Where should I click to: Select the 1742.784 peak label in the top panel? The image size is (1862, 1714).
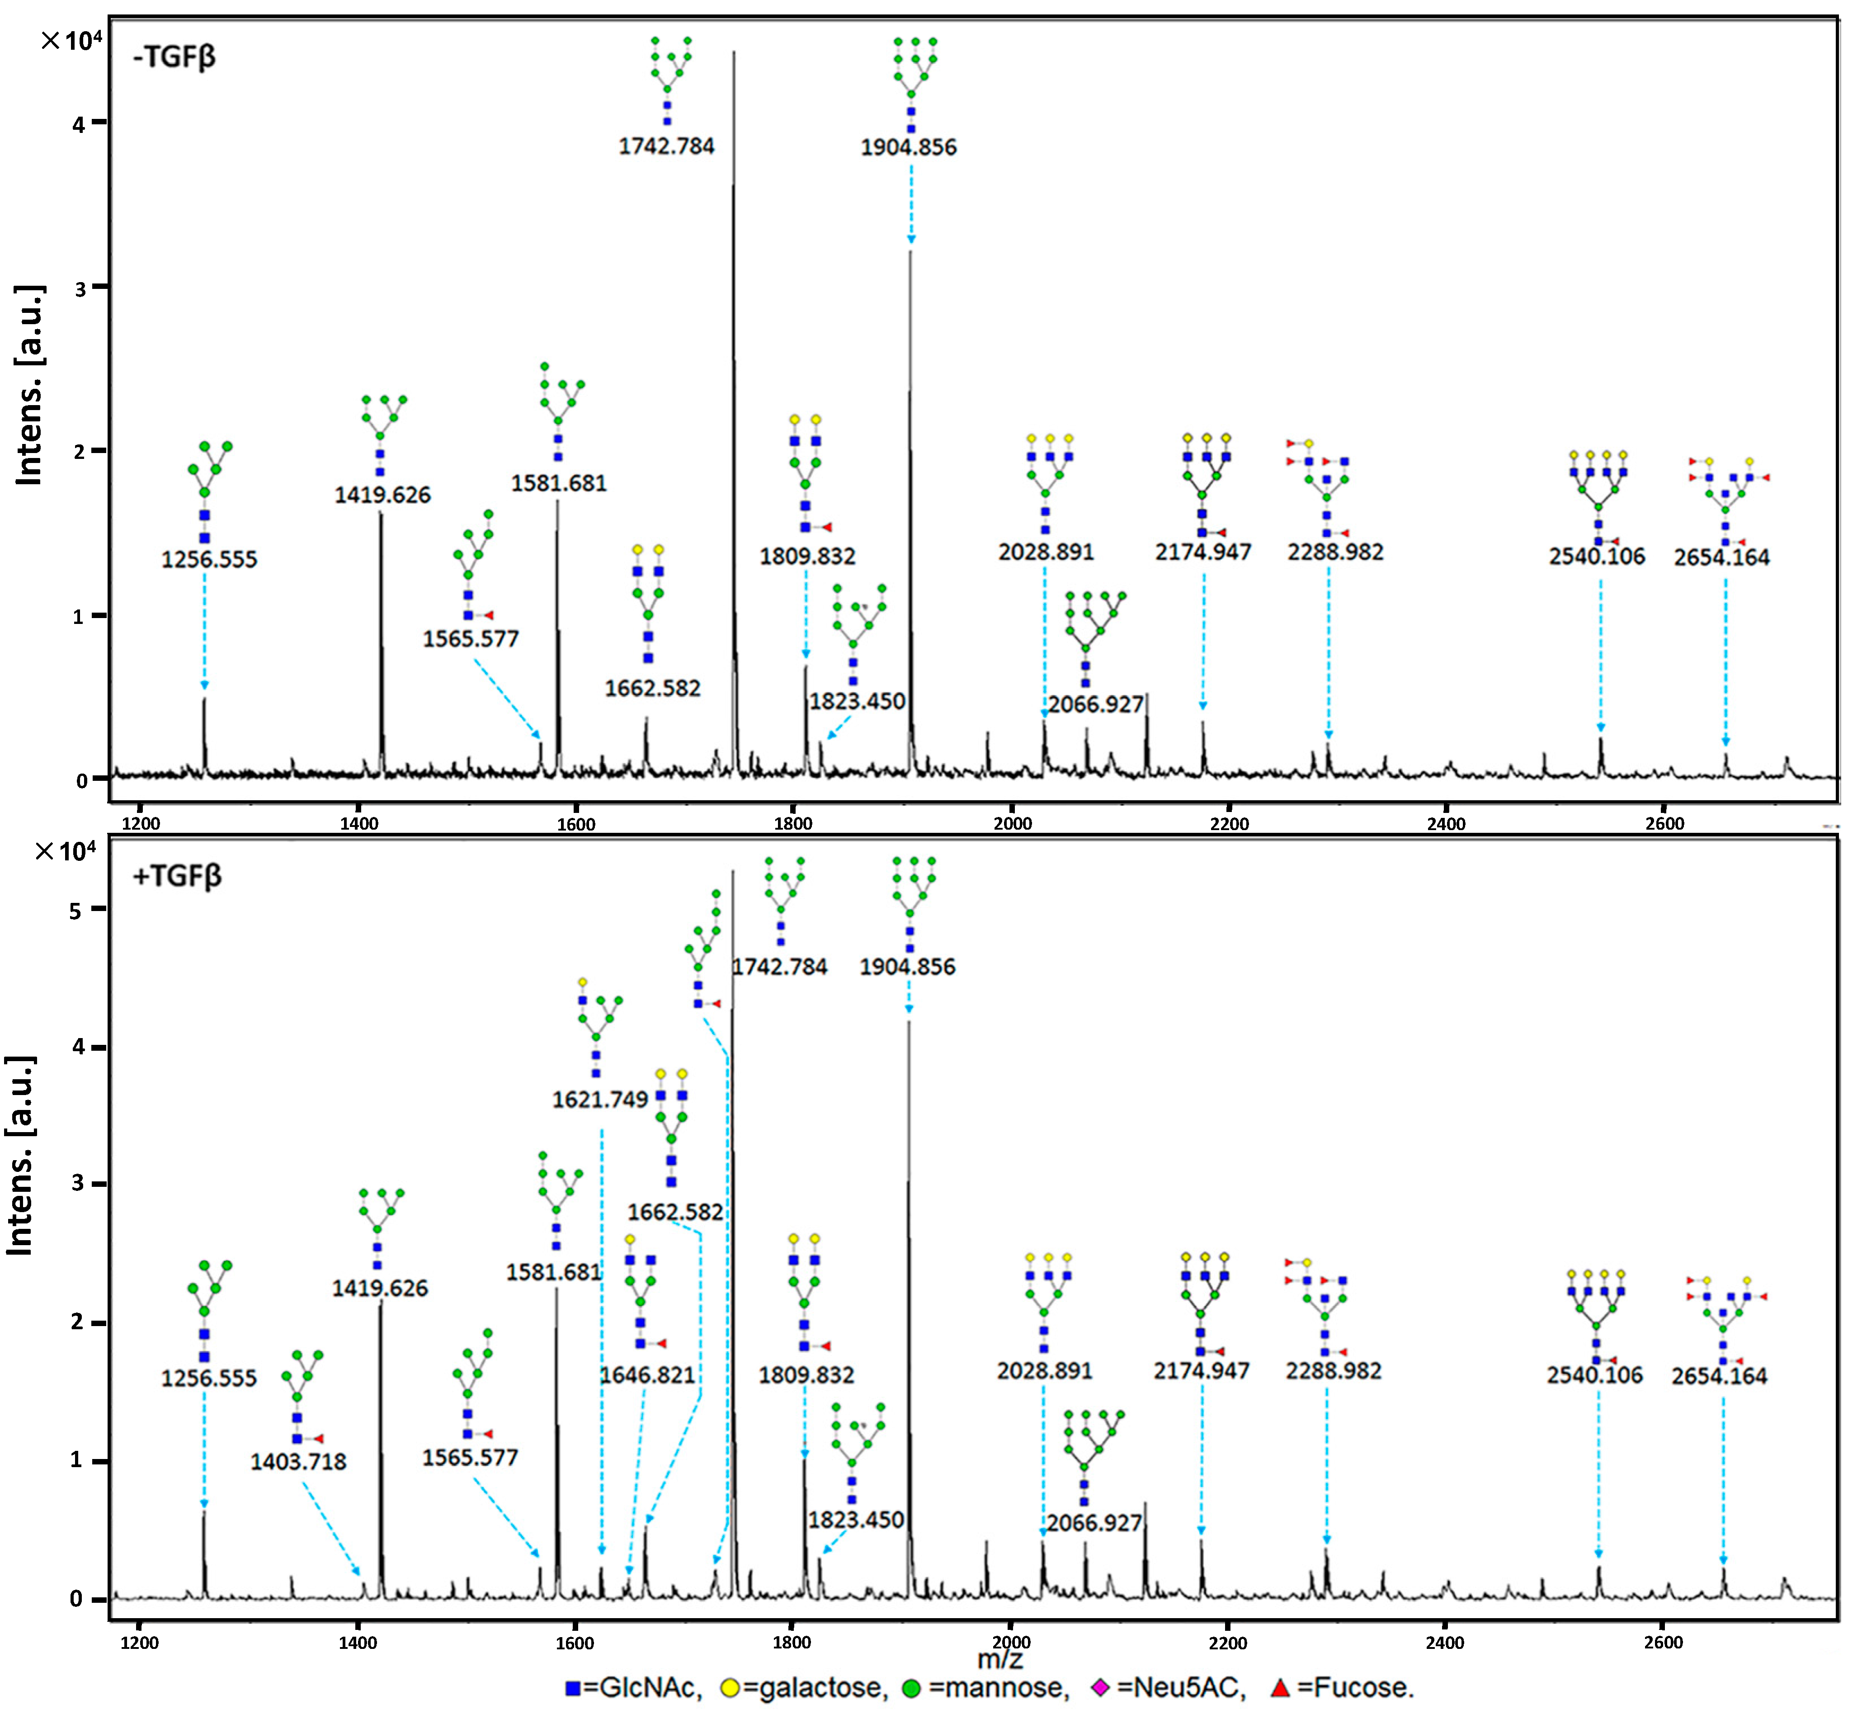coord(667,146)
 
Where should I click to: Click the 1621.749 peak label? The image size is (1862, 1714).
coord(600,1100)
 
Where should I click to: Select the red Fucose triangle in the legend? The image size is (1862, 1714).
coord(1281,1688)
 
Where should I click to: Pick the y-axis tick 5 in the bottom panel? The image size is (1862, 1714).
coord(76,911)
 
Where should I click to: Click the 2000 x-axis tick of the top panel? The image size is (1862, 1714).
coord(1012,824)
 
